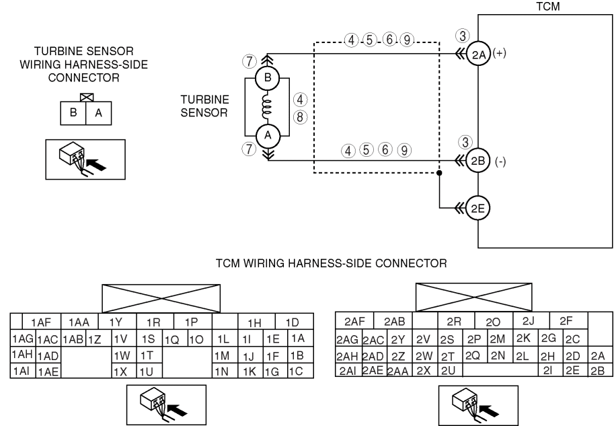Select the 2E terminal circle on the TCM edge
(477, 208)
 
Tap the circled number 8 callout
(301, 117)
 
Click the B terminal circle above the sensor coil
(267, 77)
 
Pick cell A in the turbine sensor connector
(99, 113)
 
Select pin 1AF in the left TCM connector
(42, 322)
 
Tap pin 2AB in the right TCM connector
(393, 321)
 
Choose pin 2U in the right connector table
(449, 370)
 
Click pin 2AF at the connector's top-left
(355, 321)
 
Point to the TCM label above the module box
(548, 7)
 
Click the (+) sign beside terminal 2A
(499, 52)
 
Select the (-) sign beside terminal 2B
(500, 162)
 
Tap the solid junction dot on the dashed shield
(439, 173)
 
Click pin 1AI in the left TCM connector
(23, 371)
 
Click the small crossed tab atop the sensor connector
(86, 98)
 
